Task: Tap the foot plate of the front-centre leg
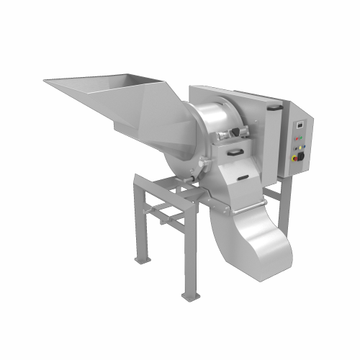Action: [x=189, y=296]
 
